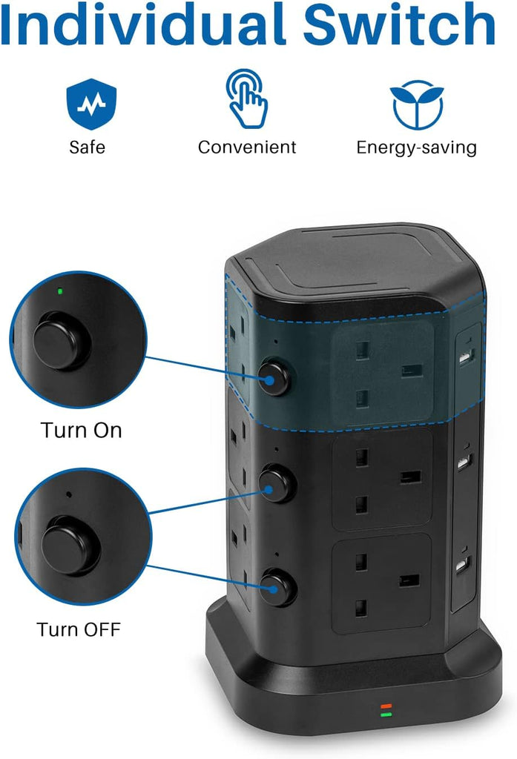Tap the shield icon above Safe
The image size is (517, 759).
point(91,104)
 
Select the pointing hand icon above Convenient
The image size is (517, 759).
point(246,99)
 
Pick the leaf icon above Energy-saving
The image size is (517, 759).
point(417,105)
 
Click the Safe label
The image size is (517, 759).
point(88,148)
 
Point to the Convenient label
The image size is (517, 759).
point(246,148)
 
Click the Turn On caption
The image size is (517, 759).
point(81,431)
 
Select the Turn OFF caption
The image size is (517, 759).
point(79,629)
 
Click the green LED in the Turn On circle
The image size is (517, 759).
point(59,291)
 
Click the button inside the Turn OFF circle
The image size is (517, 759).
point(70,545)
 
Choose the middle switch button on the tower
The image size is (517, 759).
point(277,483)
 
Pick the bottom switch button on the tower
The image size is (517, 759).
point(277,588)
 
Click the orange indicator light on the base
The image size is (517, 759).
point(386,706)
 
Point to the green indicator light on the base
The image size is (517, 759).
point(386,715)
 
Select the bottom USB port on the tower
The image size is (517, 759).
point(463,565)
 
